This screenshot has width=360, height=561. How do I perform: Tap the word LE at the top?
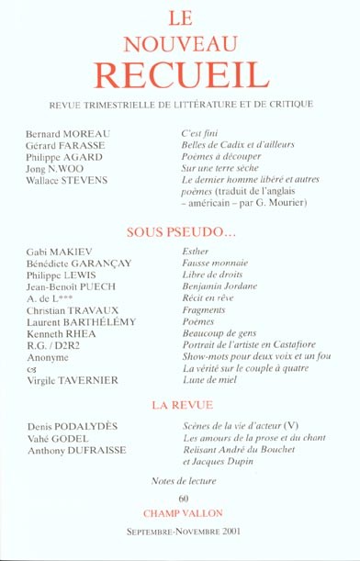(x=179, y=15)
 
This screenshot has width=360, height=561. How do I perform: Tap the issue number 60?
(x=184, y=497)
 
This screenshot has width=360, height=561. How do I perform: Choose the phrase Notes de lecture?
(x=184, y=480)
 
